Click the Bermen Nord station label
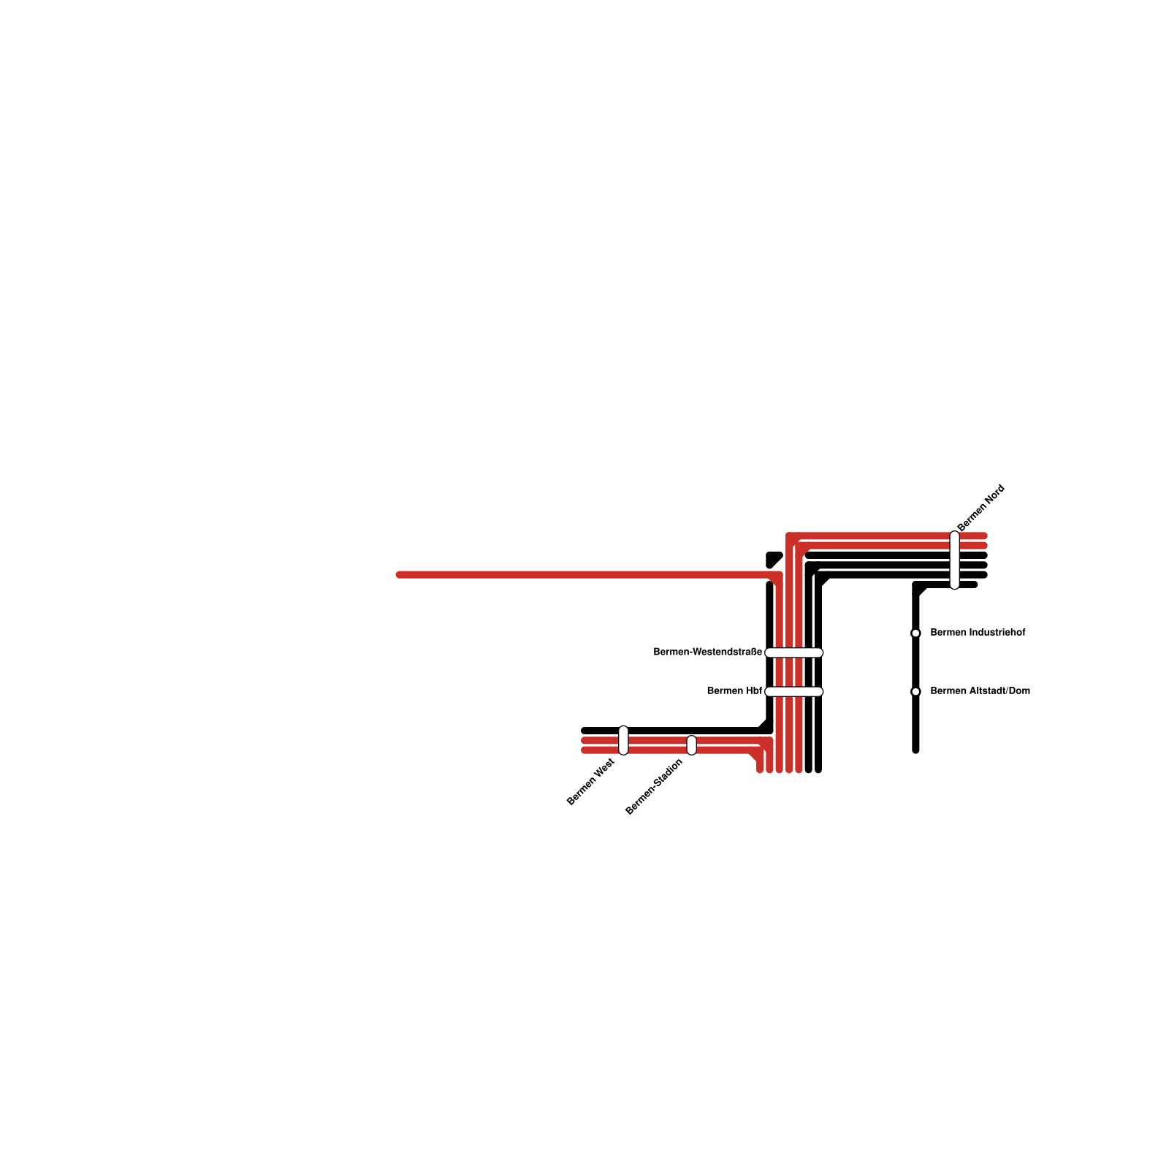(x=981, y=508)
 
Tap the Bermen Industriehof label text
(x=978, y=632)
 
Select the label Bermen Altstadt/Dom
(x=980, y=690)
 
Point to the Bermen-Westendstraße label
(x=707, y=652)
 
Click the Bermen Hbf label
(x=734, y=690)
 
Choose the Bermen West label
(x=590, y=782)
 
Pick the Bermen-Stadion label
(x=654, y=786)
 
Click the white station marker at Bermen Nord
(x=954, y=560)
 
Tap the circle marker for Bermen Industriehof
(x=915, y=633)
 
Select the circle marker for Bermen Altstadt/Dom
(x=915, y=691)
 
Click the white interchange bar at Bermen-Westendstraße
(x=794, y=652)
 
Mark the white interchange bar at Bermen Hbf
(x=794, y=691)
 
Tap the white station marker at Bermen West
(x=623, y=740)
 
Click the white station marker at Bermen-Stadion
(x=691, y=745)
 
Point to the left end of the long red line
(x=399, y=575)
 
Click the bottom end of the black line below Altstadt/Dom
(x=915, y=750)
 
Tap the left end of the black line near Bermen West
(x=584, y=731)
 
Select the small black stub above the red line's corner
(x=773, y=559)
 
